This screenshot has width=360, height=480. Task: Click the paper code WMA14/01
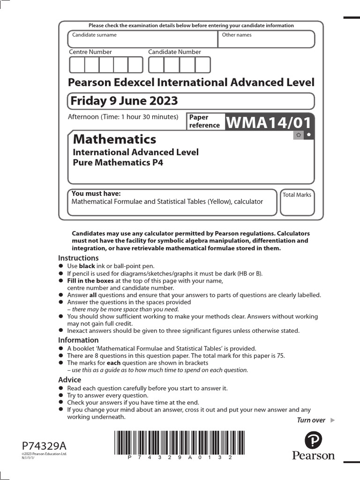tap(269, 122)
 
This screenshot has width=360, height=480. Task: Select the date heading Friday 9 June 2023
tap(124, 101)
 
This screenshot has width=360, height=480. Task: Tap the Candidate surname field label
tap(94, 35)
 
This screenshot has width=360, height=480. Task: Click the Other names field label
tap(236, 35)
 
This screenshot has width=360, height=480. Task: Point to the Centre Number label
tap(90, 52)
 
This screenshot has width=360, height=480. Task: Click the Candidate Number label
tap(174, 52)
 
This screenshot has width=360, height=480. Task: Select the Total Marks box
tap(297, 202)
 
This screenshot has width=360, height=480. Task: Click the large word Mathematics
tap(114, 139)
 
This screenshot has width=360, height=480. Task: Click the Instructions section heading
tap(78, 258)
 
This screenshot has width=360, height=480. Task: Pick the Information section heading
tap(78, 340)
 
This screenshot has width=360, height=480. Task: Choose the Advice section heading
tap(69, 380)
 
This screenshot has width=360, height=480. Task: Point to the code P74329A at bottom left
tap(41, 445)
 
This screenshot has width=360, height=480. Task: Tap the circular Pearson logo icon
tap(314, 440)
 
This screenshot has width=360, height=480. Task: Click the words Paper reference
tap(204, 121)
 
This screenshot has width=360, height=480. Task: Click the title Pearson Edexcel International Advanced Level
tap(191, 82)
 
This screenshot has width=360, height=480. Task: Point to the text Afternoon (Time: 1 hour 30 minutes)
tap(123, 117)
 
